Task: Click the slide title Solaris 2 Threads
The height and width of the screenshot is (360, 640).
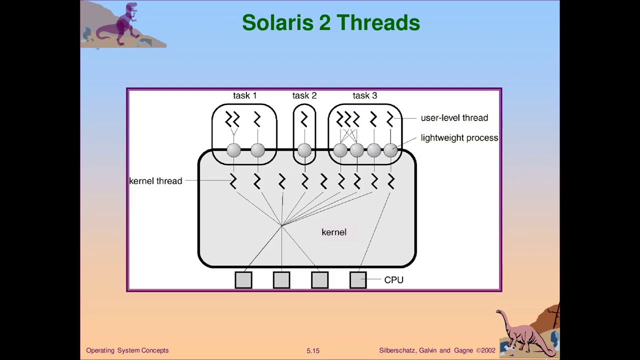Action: pos(330,23)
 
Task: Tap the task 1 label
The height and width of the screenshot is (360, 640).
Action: pos(244,95)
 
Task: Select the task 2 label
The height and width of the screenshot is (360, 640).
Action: pos(304,95)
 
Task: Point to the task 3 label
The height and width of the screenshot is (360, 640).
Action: pos(364,95)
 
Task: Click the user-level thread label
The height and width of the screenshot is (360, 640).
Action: pos(454,118)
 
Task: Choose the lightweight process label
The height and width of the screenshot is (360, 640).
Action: pos(459,138)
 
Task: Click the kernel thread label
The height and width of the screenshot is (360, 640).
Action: pos(155,181)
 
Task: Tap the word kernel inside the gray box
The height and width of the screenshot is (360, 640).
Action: pos(333,232)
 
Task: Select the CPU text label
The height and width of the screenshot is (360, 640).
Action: pos(393,280)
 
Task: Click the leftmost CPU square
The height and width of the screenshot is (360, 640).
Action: pos(243,280)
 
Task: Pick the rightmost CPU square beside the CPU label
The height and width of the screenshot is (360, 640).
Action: pos(358,280)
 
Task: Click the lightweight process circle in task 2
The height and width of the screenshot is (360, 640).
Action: pos(304,150)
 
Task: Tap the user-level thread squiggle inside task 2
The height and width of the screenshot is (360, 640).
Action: pos(304,119)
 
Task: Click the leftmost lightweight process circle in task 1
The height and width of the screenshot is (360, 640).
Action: pos(233,150)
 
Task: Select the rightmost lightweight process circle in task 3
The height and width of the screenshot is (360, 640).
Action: pos(390,150)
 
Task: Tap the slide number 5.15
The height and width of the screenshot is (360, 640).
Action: pos(313,351)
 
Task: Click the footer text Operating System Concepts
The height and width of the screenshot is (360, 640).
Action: pos(127,350)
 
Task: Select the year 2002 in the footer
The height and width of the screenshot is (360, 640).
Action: pos(488,350)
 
